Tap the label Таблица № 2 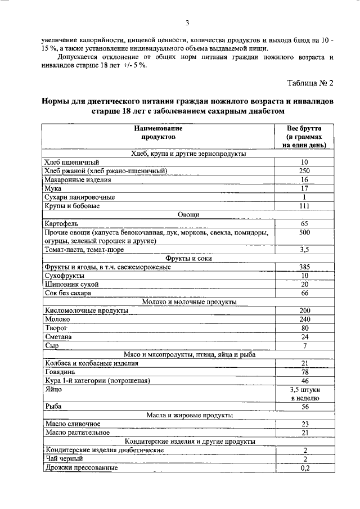coord(310,84)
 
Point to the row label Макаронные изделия coord(78,179)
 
